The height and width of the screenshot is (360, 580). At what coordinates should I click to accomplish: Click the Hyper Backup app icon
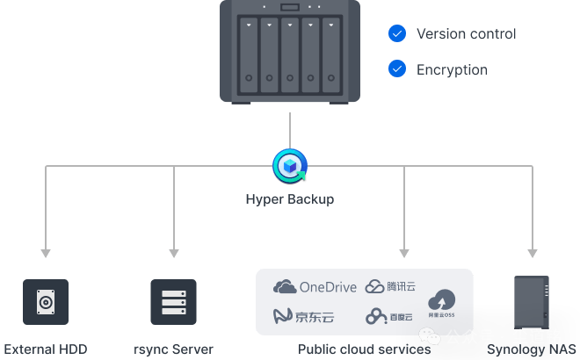[289, 164]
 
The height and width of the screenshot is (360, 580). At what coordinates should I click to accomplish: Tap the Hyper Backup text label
[289, 199]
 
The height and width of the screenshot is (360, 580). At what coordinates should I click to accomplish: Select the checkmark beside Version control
[397, 34]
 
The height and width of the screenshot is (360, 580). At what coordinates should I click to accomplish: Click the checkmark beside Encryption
[397, 68]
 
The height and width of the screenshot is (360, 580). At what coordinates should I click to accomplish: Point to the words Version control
[466, 34]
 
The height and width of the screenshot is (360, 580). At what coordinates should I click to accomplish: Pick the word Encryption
[451, 69]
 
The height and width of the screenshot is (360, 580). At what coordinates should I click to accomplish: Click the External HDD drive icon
[46, 303]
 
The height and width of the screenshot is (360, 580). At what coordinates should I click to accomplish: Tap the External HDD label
[46, 349]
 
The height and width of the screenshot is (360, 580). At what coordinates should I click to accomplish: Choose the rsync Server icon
[173, 303]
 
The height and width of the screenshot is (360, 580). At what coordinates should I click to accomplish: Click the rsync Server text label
[173, 349]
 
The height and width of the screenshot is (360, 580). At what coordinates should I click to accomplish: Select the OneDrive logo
[315, 286]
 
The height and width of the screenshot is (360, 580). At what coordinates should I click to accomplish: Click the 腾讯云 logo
[390, 286]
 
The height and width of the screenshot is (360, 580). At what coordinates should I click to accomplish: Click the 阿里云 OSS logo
[441, 302]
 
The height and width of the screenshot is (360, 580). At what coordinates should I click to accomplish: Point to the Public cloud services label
[364, 349]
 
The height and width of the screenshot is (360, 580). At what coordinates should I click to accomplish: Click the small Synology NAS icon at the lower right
[531, 303]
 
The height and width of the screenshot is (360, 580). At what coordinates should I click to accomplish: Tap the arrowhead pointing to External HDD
[46, 254]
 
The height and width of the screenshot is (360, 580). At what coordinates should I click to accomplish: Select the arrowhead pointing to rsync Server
[173, 254]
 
